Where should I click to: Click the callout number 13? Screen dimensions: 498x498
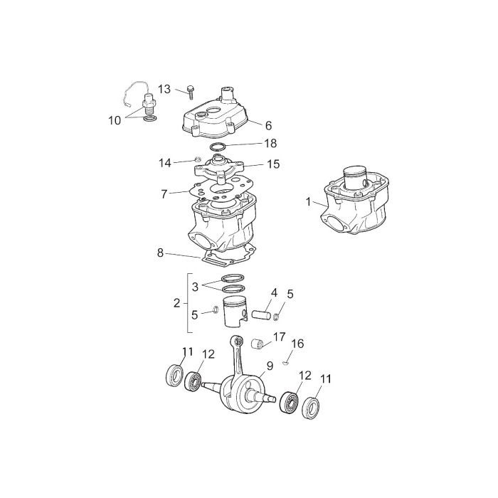(164, 89)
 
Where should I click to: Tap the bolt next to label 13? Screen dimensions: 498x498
(191, 92)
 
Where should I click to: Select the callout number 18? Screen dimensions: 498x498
(270, 143)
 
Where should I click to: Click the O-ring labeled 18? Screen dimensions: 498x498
(218, 147)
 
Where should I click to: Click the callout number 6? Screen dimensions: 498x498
(269, 125)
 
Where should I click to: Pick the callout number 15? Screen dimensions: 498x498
(273, 164)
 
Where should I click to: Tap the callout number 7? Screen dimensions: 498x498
(164, 194)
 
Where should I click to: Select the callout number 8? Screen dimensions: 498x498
(160, 253)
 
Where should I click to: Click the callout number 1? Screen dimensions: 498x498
(308, 201)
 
